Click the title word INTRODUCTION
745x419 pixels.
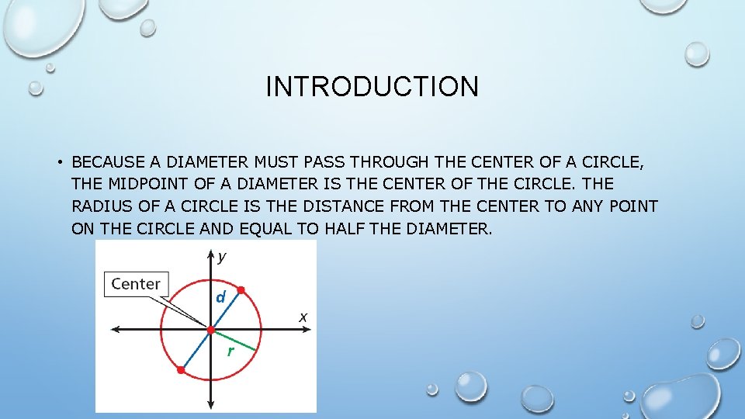[372, 86]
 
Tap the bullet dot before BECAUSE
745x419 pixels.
[59, 163]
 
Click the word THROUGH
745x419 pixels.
[390, 162]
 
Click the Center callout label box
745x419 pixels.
[136, 284]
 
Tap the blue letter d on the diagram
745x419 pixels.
[221, 296]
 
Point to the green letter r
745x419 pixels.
[230, 351]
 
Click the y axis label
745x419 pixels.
[222, 255]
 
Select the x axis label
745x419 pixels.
[303, 317]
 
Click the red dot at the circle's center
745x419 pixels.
[211, 330]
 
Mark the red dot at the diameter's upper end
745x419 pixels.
[241, 290]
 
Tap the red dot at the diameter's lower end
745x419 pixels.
[181, 370]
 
